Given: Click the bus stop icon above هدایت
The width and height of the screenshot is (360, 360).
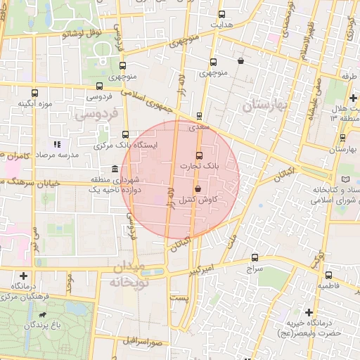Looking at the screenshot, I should (222, 14).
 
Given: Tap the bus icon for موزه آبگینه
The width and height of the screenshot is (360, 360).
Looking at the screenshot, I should (35, 93).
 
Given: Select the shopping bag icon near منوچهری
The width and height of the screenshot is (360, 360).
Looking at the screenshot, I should (241, 60).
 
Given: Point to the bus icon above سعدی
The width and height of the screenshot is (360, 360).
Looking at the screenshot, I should (200, 116).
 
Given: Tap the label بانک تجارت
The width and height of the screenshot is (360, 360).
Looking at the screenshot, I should (199, 167).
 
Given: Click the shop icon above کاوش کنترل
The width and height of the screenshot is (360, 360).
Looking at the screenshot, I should (198, 188).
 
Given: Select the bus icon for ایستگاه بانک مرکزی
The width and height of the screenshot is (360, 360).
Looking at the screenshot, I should (126, 134).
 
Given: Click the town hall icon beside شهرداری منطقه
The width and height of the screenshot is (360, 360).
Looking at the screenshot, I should (115, 169).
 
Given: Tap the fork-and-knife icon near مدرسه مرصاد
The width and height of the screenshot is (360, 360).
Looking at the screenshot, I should (58, 143).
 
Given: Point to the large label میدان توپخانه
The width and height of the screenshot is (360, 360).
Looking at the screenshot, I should (127, 275).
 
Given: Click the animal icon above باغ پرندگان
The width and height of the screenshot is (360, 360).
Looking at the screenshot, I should (44, 314).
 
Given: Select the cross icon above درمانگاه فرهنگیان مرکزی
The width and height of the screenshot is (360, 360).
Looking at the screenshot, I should (25, 276).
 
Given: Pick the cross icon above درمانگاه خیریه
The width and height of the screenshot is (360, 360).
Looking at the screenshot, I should (309, 311).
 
